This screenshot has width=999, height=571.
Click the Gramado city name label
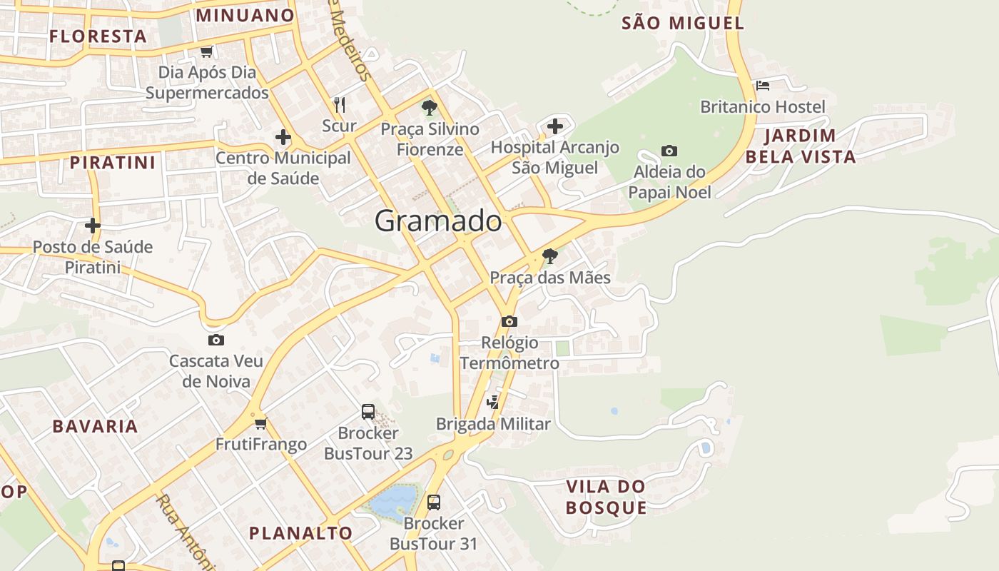pyautogui.click(x=438, y=221)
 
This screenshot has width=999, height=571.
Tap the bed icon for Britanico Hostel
pyautogui.click(x=763, y=86)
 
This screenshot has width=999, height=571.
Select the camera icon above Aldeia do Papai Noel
pyautogui.click(x=669, y=151)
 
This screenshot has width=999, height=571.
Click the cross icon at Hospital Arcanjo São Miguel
pyautogui.click(x=554, y=126)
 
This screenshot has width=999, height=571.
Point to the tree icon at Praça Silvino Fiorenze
pyautogui.click(x=429, y=108)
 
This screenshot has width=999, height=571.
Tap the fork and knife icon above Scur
pyautogui.click(x=340, y=105)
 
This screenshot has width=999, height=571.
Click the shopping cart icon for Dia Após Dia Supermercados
pyautogui.click(x=207, y=51)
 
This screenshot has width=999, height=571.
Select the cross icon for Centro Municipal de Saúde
pyautogui.click(x=283, y=137)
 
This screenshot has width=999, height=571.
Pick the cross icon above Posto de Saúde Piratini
pyautogui.click(x=92, y=226)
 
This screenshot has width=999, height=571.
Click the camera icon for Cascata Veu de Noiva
pyautogui.click(x=215, y=340)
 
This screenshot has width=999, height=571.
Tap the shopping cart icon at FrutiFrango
pyautogui.click(x=260, y=423)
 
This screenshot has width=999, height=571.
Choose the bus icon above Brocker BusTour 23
pyautogui.click(x=368, y=412)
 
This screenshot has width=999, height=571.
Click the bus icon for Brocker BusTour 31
pyautogui.click(x=433, y=502)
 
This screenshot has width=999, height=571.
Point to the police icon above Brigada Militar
pyautogui.click(x=493, y=403)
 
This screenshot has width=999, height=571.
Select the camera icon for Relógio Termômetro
pyautogui.click(x=509, y=321)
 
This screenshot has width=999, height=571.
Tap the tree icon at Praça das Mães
pyautogui.click(x=549, y=256)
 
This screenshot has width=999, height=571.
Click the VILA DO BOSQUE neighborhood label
pyautogui.click(x=606, y=497)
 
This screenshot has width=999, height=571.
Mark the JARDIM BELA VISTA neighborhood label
pyautogui.click(x=801, y=146)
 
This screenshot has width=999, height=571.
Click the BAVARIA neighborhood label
pyautogui.click(x=95, y=426)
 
